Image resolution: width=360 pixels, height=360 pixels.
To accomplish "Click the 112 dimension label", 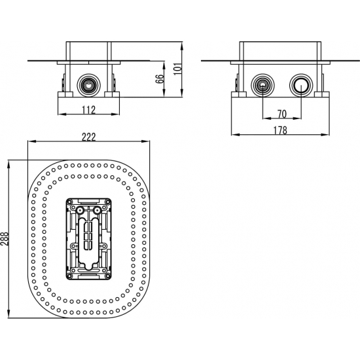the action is (x=88, y=110).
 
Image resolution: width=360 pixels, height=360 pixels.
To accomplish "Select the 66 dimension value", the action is (x=160, y=79).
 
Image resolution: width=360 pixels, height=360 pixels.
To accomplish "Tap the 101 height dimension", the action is (x=177, y=68).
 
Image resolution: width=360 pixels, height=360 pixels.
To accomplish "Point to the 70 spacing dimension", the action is (x=282, y=114).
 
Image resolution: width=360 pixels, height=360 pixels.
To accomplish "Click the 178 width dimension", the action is (x=280, y=130).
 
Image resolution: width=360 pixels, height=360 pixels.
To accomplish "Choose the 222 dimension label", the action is (x=88, y=137).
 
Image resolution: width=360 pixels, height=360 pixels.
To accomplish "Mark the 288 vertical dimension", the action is (x=5, y=239).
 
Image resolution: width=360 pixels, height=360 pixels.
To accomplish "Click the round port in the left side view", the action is (x=88, y=85).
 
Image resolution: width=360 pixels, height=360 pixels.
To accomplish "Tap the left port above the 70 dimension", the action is (x=262, y=85).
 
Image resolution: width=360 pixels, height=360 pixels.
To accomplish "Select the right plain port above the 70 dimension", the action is (x=301, y=85).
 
